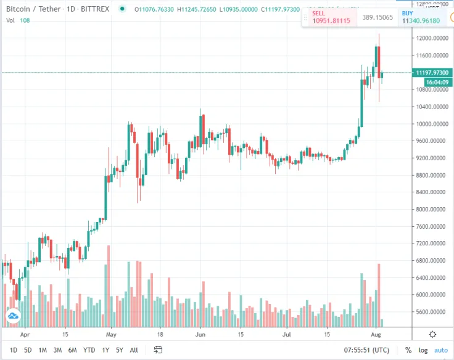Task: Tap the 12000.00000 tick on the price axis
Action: click(x=431, y=38)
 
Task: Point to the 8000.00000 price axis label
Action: click(x=431, y=209)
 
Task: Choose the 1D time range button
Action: click(x=14, y=350)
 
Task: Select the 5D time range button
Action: click(x=28, y=350)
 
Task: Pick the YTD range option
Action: click(x=89, y=350)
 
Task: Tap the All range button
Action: click(x=134, y=350)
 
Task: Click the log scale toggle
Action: click(x=423, y=350)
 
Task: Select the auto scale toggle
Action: click(x=440, y=350)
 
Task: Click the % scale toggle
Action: click(x=408, y=350)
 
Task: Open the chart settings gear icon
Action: click(x=432, y=334)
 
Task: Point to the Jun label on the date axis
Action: click(x=200, y=334)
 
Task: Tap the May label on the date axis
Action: click(x=111, y=334)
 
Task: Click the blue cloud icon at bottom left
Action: click(x=12, y=316)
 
